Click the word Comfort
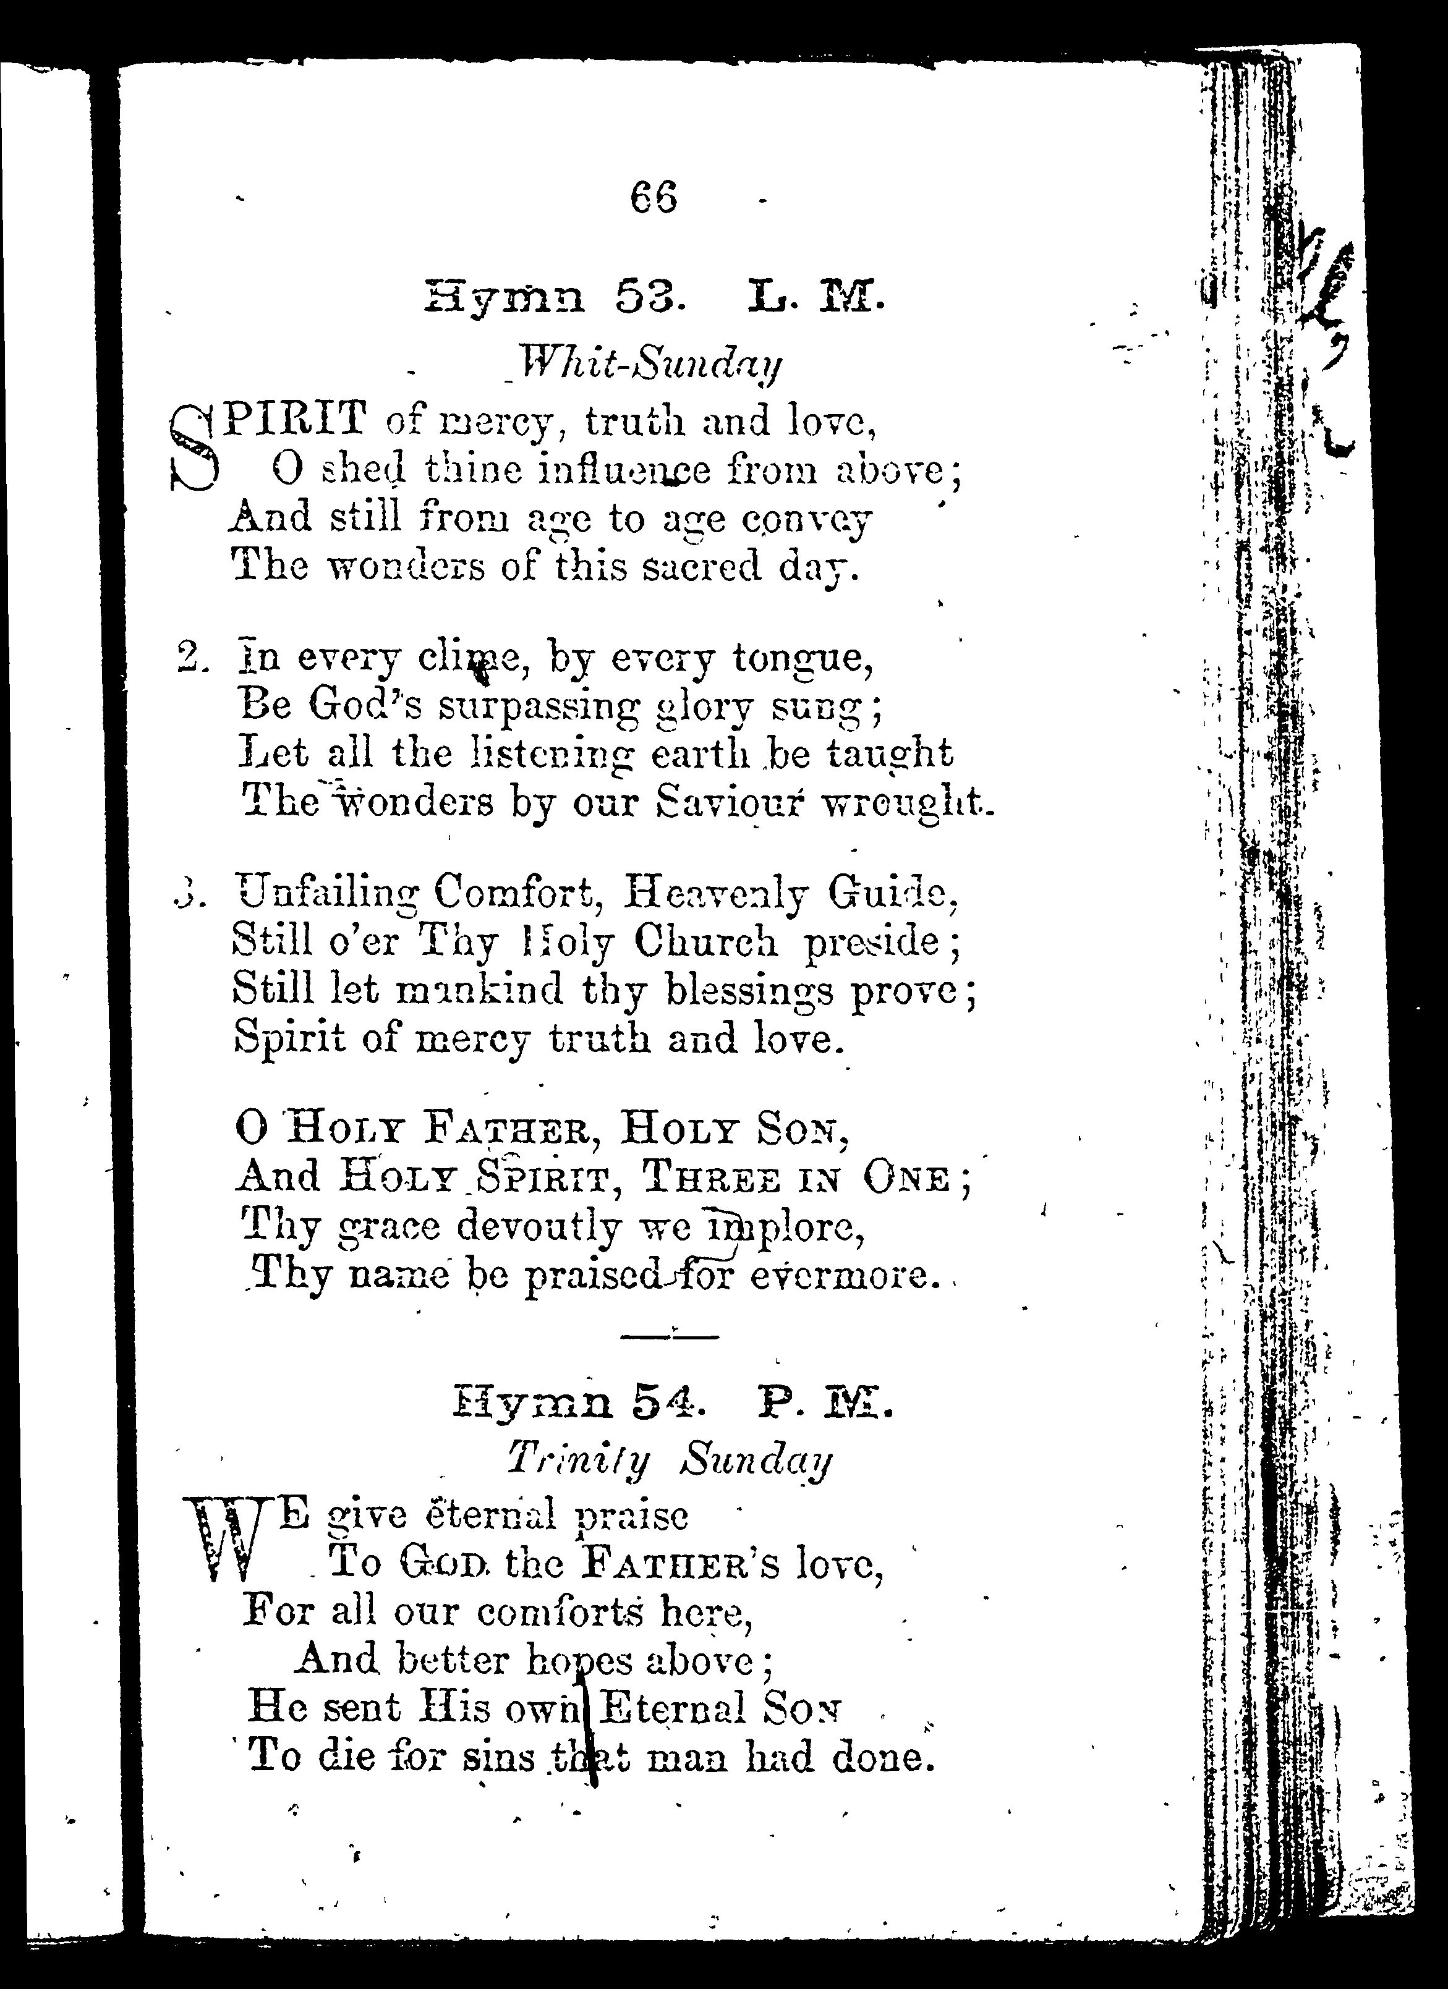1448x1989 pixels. coord(517,894)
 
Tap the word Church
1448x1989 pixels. coord(705,943)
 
